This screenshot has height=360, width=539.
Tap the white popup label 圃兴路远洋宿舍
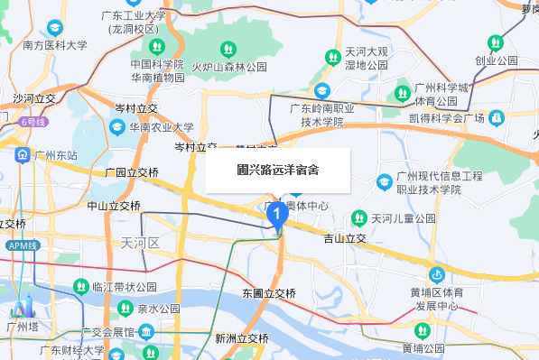pyautogui.click(x=277, y=169)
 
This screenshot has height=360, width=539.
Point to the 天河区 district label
pyautogui.click(x=139, y=243)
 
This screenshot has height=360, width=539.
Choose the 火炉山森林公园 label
pyautogui.click(x=229, y=67)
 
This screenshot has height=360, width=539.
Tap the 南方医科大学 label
pyautogui.click(x=55, y=45)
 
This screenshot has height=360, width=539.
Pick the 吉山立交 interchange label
pyautogui.click(x=344, y=238)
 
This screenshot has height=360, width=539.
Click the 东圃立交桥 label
pyautogui.click(x=269, y=293)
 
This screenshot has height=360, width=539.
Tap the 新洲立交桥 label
pyautogui.click(x=242, y=338)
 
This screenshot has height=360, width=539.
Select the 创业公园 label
pyautogui.click(x=502, y=60)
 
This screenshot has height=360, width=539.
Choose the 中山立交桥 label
pyautogui.click(x=114, y=206)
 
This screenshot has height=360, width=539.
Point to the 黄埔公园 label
pyautogui.click(x=423, y=348)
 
